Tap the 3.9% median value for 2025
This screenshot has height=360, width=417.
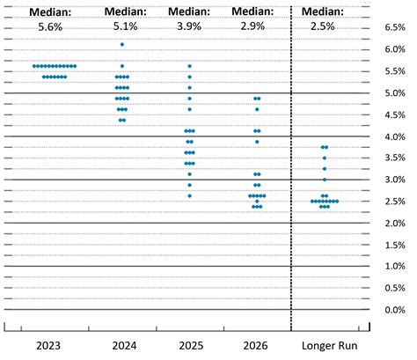click(189, 27)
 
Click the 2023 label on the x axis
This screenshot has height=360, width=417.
click(48, 344)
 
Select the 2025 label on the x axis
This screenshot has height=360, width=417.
click(189, 344)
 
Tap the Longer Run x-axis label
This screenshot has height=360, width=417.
click(326, 344)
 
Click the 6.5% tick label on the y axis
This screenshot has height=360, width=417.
click(394, 27)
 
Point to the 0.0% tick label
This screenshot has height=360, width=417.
click(394, 310)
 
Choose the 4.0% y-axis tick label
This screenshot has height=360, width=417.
click(394, 136)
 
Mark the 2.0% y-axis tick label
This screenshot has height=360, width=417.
click(394, 224)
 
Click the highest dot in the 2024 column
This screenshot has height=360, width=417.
click(122, 44)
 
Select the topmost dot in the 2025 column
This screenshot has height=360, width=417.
click(189, 66)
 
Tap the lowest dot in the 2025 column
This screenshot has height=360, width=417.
click(189, 195)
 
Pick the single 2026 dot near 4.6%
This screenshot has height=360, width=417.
click(257, 109)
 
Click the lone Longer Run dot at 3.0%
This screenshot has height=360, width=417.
click(325, 180)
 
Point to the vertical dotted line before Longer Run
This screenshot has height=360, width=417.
click(290, 176)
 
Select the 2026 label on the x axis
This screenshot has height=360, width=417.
click(256, 344)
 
